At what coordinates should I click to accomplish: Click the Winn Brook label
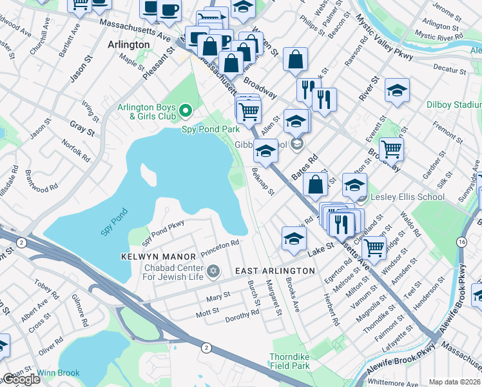click(x=59, y=373)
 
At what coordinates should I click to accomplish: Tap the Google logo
click(x=21, y=379)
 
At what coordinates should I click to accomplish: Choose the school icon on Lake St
click(x=293, y=238)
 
